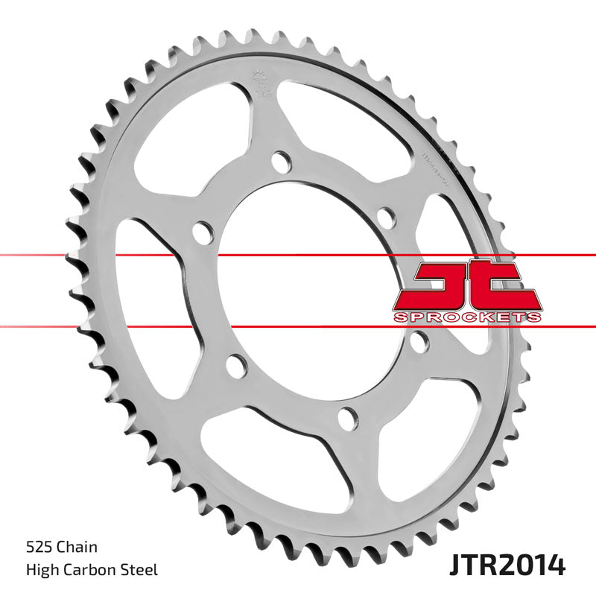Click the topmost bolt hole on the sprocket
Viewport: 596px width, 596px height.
pyautogui.click(x=280, y=161)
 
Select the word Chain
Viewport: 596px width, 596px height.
pyautogui.click(x=77, y=548)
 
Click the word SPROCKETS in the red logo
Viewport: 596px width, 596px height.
pyautogui.click(x=466, y=317)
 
